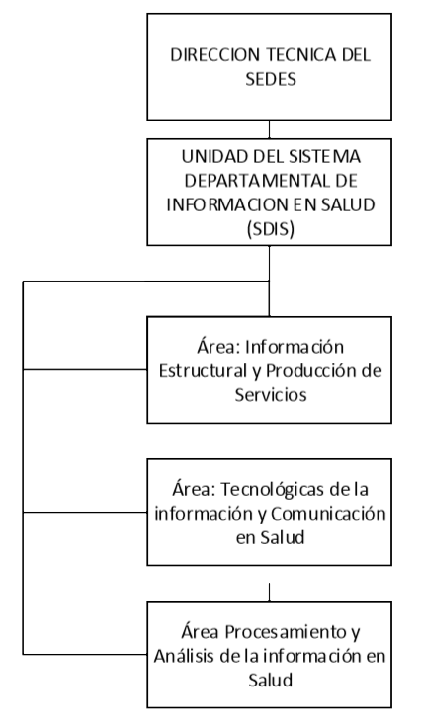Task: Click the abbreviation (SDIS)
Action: click(271, 229)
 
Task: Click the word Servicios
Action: click(271, 395)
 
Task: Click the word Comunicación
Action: click(328, 513)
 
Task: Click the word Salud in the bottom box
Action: click(271, 681)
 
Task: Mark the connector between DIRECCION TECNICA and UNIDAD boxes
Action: click(269, 129)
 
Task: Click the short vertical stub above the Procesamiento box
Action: click(269, 593)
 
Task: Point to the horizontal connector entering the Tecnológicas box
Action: click(85, 512)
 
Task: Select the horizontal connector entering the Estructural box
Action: click(85, 370)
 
